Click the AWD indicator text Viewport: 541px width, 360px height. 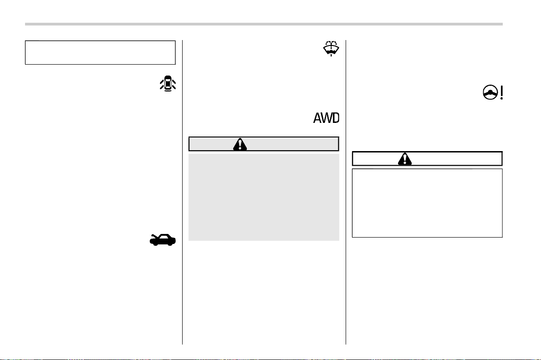tap(327, 118)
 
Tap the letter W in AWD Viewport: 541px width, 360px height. tap(326, 118)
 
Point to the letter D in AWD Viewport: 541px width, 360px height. tap(336, 118)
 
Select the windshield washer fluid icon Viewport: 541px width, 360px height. tap(331, 48)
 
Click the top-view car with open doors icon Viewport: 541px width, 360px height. tap(168, 83)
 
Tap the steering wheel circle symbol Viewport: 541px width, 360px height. tap(490, 92)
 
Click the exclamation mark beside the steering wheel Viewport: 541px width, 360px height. tap(501, 92)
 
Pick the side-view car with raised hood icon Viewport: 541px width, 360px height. tap(163, 240)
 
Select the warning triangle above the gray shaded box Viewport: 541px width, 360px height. tap(240, 144)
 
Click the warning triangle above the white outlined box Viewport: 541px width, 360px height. tap(405, 159)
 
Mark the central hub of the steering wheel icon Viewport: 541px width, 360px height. tap(490, 93)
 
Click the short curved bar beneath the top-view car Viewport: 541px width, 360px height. tap(168, 91)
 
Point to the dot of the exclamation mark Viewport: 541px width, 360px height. tap(501, 98)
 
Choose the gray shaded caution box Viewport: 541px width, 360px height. tap(264, 197)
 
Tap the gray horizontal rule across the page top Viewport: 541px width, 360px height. tap(264, 24)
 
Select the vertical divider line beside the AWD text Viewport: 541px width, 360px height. tap(346, 193)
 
